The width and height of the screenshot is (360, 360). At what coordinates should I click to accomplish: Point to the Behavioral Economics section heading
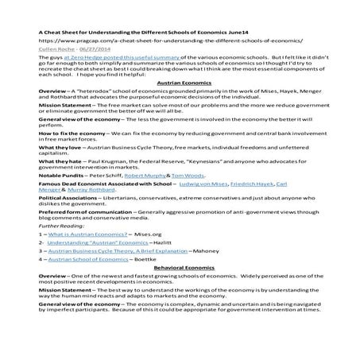tap(179, 292)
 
